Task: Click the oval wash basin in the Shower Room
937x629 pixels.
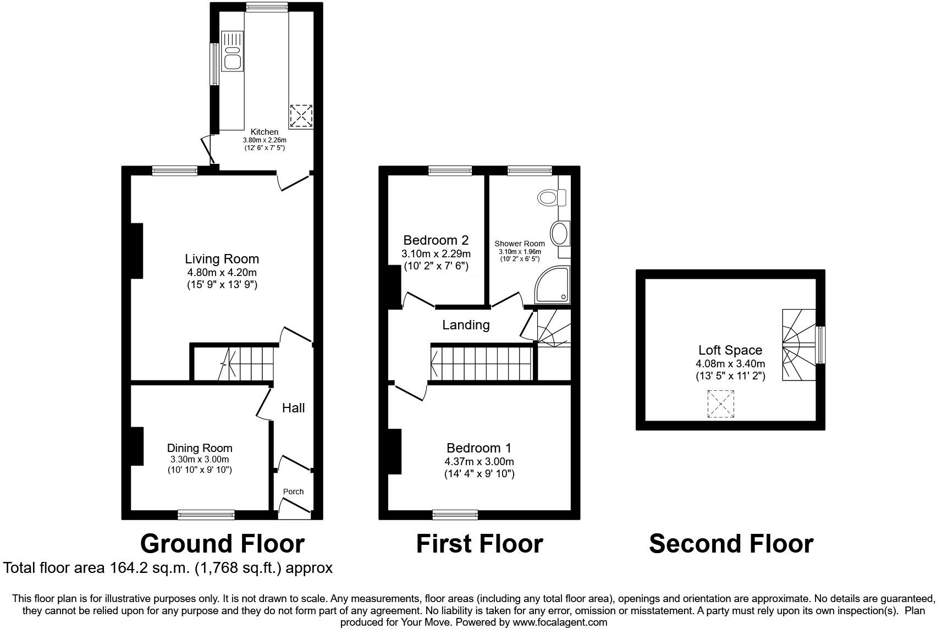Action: (x=560, y=234)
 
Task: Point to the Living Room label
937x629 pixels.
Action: (x=222, y=259)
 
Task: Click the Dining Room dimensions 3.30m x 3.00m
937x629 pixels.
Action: (x=200, y=460)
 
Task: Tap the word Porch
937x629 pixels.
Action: (x=293, y=492)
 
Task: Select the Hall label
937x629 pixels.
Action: (x=293, y=408)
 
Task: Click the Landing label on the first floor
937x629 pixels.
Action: (x=466, y=325)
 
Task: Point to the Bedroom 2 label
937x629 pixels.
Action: (x=436, y=240)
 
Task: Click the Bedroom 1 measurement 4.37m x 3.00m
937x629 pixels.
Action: (x=479, y=462)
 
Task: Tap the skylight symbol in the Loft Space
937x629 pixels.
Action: (x=721, y=404)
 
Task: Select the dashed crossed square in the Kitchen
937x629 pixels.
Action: (x=301, y=116)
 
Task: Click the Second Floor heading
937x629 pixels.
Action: (x=731, y=544)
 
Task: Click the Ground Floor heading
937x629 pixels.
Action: (x=222, y=544)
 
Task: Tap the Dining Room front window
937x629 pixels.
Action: (x=206, y=515)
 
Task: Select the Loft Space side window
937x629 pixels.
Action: (x=820, y=345)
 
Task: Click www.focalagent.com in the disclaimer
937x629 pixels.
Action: (x=560, y=622)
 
